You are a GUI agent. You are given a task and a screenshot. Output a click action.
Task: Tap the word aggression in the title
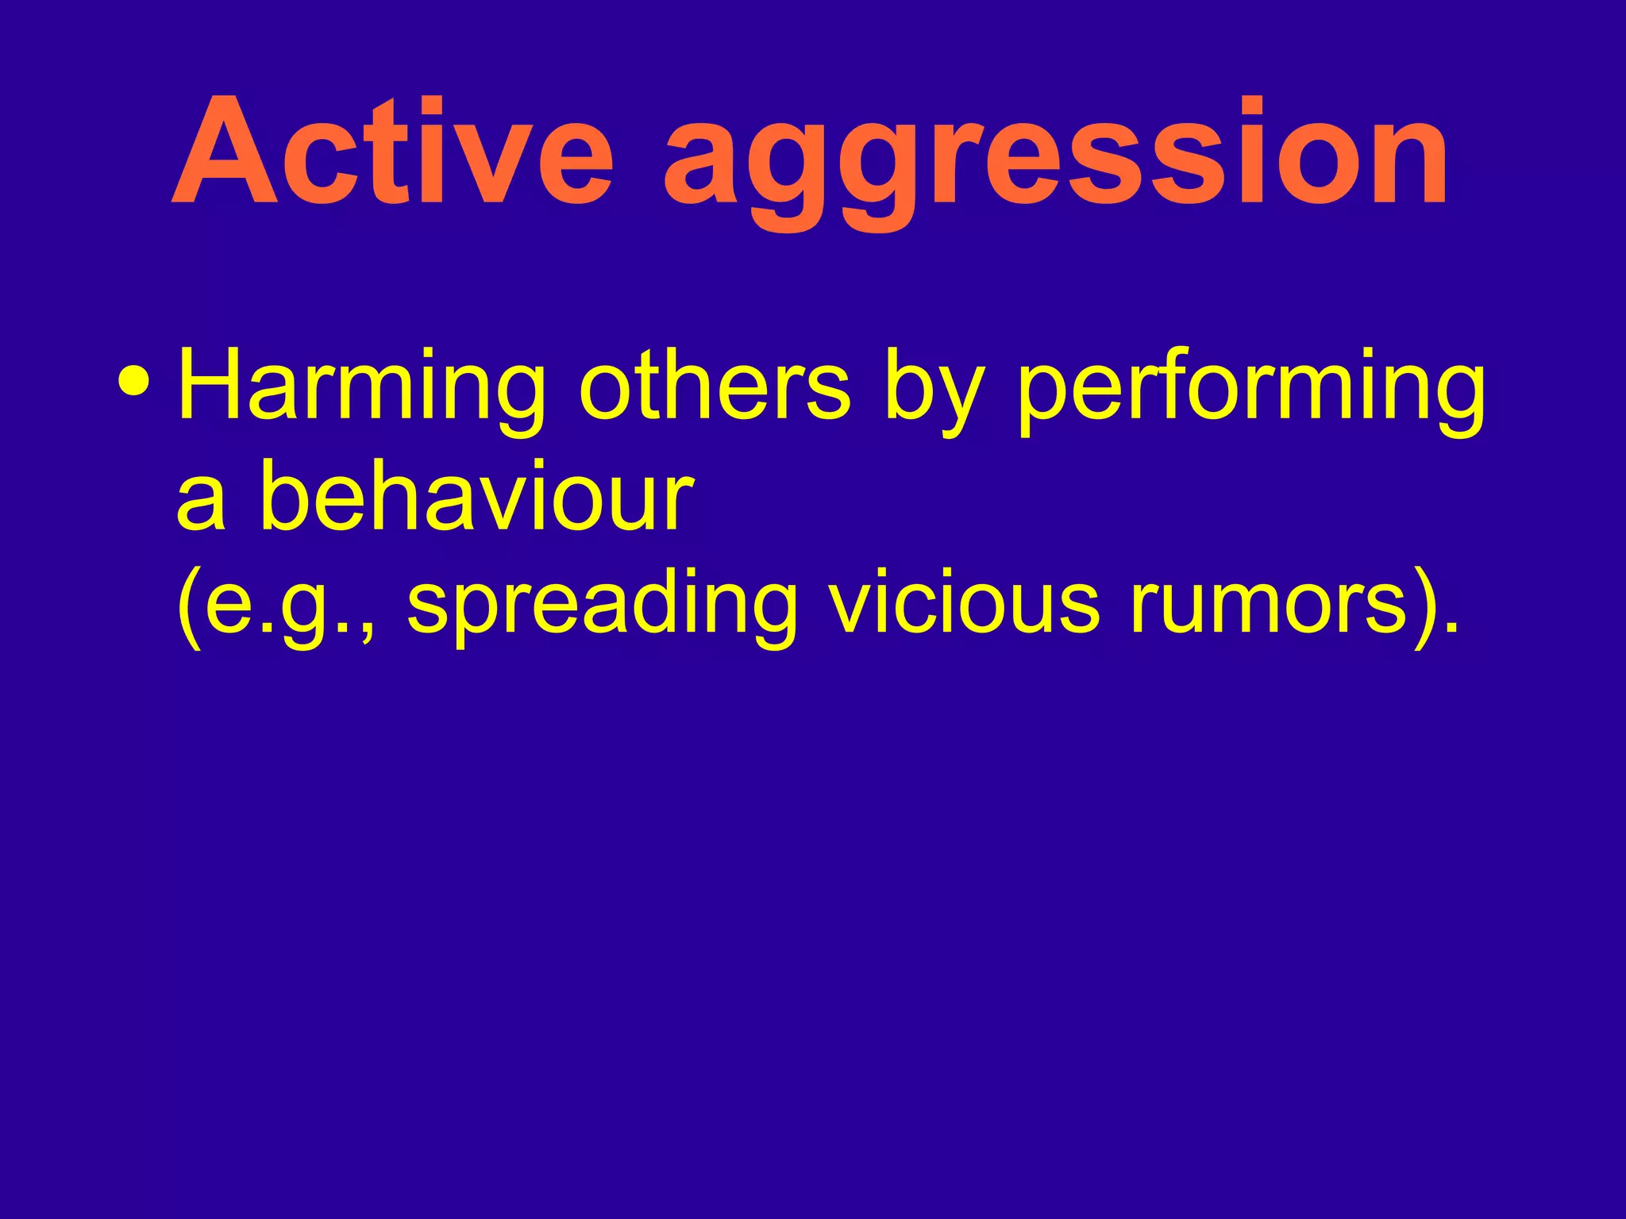click(x=1056, y=159)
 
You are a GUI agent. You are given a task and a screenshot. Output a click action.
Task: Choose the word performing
click(x=1250, y=393)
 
